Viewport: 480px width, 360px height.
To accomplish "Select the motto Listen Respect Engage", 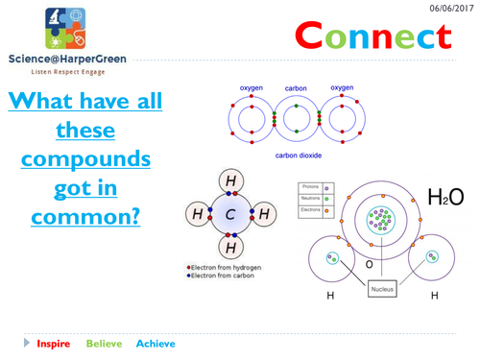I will (60, 72).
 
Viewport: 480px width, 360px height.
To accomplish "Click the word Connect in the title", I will (372, 37).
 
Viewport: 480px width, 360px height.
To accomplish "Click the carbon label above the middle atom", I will (296, 88).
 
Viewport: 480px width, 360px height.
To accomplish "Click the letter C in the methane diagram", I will (231, 213).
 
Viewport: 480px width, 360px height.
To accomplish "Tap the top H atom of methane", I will (231, 180).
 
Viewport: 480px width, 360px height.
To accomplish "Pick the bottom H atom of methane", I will (231, 246).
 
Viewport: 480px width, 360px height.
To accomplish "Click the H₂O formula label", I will (445, 197).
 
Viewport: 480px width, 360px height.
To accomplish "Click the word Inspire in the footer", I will (53, 343).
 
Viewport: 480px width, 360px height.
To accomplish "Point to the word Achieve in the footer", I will (156, 343).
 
